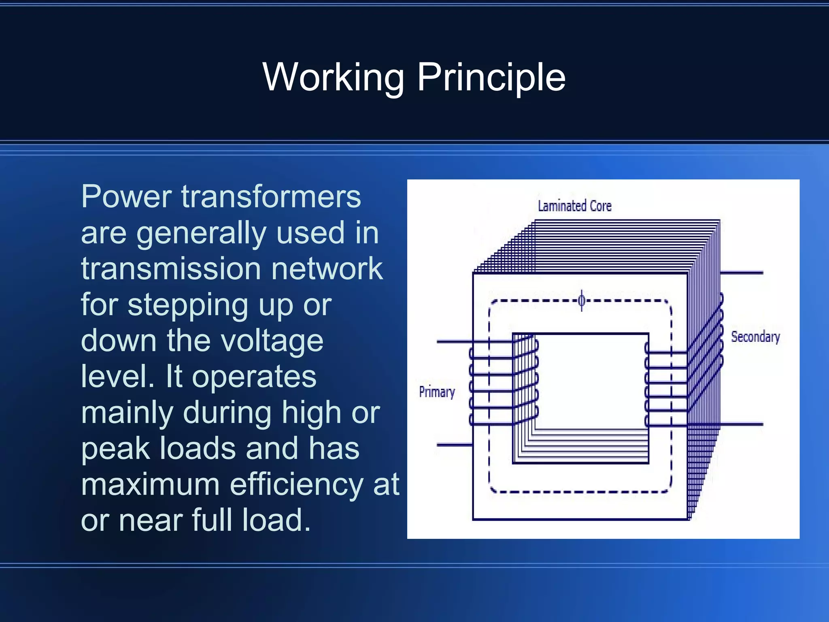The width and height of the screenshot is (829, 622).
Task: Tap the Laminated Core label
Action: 574,206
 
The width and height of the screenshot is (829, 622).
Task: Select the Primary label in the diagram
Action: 437,392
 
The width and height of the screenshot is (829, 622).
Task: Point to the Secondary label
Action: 755,337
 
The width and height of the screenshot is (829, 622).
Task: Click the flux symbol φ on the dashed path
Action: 582,300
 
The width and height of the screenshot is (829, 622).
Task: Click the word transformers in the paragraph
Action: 271,196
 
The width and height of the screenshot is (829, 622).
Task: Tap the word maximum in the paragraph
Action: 150,484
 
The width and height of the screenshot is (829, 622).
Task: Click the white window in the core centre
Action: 591,381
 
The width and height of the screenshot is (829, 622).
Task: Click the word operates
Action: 254,377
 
